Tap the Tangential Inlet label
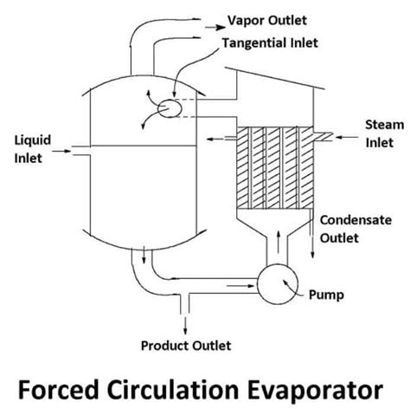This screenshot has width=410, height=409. coord(269,42)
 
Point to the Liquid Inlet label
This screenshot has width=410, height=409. coord(29,147)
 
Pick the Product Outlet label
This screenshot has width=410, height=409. coord(186,346)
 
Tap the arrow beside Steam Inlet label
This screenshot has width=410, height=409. coord(347,135)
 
